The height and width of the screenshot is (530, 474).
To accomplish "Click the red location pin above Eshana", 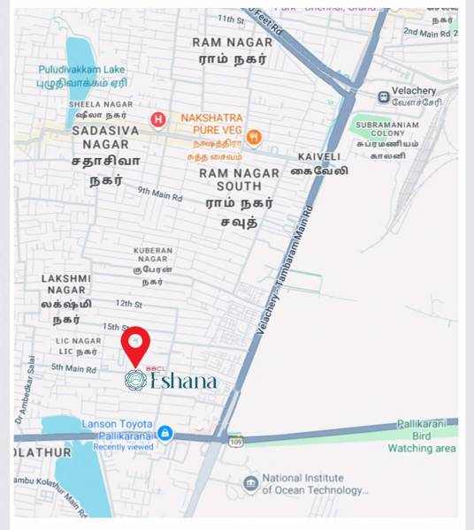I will coord(135,343).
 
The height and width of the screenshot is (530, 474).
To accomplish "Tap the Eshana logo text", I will coord(183,381).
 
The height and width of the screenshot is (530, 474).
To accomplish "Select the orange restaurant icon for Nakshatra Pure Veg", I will coord(254,136).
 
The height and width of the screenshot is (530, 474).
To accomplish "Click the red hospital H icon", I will coord(158,119).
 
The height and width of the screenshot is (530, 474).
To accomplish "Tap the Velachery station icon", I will coord(383,96).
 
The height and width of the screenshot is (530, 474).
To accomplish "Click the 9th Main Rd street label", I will coord(159,193).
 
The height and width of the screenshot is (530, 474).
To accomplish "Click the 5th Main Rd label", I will coord(73,367).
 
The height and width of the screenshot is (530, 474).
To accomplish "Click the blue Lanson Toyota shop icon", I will coord(164,433).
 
